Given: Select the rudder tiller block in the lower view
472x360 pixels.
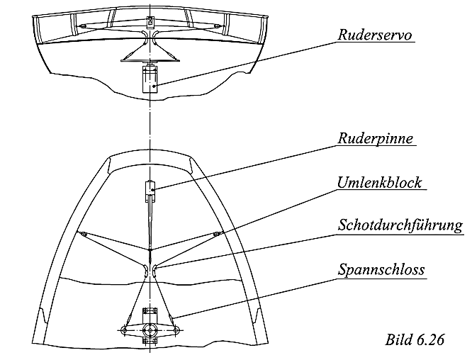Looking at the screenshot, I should pos(150,190).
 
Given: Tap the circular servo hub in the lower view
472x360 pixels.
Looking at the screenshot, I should pos(150,330).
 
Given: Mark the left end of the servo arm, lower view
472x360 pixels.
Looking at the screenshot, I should pos(124,330).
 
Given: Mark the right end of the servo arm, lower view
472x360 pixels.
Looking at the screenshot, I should pos(176,330).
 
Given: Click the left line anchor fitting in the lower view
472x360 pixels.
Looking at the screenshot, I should pos(83,234).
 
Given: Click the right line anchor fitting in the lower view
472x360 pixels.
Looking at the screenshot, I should pos(218,232).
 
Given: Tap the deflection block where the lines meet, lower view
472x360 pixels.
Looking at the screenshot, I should pos(150,249).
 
